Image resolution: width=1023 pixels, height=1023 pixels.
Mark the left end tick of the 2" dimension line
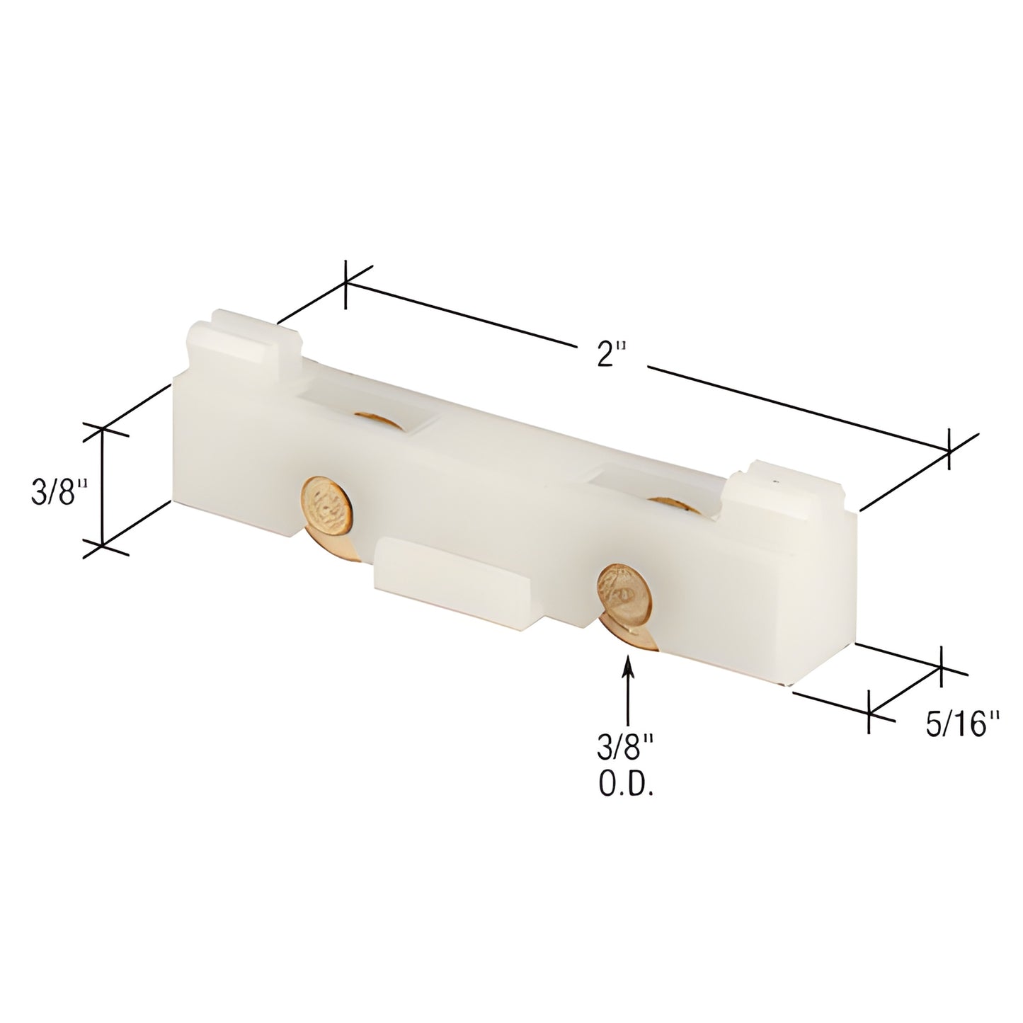coord(345,285)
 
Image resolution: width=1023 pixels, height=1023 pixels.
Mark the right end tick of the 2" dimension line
coord(949,449)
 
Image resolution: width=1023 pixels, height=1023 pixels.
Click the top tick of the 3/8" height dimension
coord(104,429)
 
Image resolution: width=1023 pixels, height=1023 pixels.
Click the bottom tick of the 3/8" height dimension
coord(104,545)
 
